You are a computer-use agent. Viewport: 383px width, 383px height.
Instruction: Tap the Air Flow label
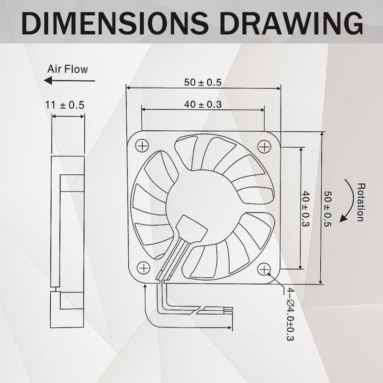68,69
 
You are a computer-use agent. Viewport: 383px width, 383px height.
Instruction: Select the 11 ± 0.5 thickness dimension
65,104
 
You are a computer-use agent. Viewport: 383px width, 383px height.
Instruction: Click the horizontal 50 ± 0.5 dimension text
203,82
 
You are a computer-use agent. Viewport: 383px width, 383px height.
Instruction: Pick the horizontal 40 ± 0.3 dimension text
203,104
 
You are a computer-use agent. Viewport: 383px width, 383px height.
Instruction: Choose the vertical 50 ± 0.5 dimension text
328,209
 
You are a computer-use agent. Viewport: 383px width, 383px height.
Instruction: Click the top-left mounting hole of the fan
143,145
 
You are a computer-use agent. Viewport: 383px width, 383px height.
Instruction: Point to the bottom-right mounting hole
264,269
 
